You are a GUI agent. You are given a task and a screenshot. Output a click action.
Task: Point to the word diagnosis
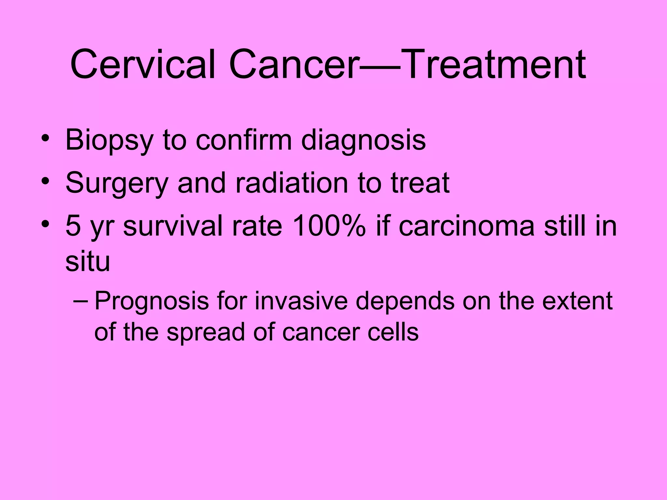tap(363, 141)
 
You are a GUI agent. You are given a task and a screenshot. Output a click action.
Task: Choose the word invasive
tap(301, 300)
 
